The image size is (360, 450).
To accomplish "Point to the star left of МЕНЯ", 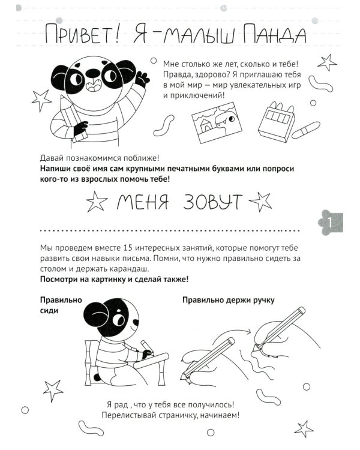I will pos(96,203).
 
